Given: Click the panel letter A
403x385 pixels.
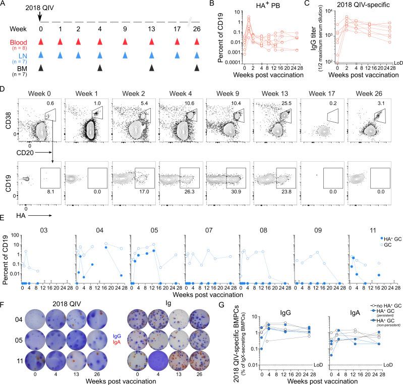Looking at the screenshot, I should (x=4, y=4).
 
